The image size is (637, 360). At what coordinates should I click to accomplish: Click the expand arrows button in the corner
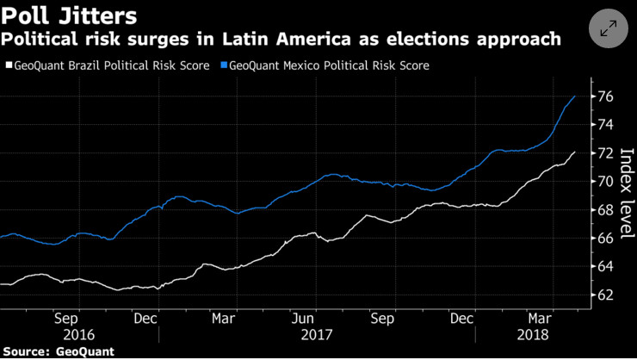[608, 28]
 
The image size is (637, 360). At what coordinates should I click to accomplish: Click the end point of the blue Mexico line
[575, 96]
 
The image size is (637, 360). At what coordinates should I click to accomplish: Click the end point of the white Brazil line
[575, 152]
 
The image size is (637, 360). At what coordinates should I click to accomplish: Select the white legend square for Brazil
[9, 65]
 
